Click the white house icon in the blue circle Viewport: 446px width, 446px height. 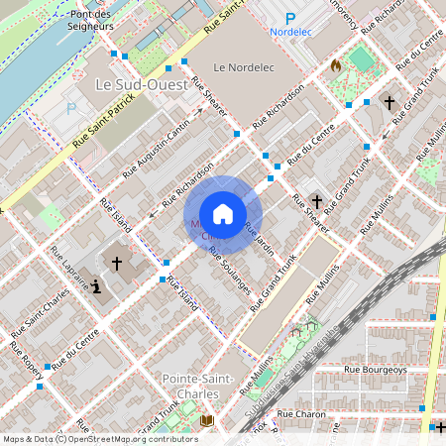(x=223, y=214)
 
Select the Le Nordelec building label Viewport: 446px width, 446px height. (x=242, y=67)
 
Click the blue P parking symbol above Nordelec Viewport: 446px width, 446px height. (x=290, y=18)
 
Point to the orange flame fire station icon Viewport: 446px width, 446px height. (x=336, y=66)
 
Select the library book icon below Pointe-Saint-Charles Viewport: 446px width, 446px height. (x=206, y=421)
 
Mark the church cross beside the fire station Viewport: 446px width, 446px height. (x=390, y=102)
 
